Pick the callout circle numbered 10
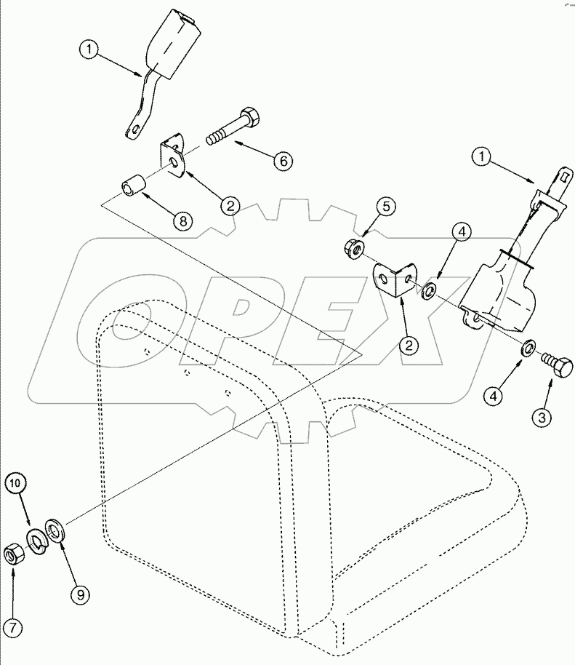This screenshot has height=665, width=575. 18,482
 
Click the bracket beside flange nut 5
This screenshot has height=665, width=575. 392,280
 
